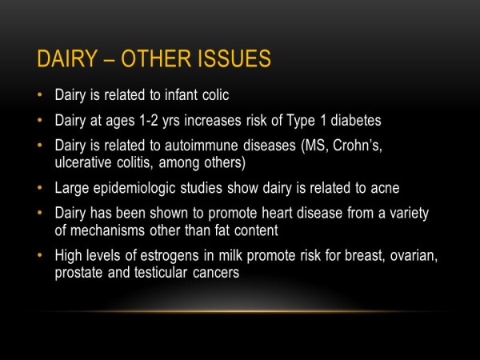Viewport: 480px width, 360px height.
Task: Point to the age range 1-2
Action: [149, 120]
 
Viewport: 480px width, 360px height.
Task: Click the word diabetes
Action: [356, 120]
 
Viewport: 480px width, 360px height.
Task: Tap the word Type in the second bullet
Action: [301, 121]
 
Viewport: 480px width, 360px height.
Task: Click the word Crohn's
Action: [358, 145]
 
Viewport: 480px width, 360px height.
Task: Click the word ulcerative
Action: [82, 162]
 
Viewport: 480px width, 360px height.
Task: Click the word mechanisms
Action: [107, 230]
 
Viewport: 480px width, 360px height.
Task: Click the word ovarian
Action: [414, 255]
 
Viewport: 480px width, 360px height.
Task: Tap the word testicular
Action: [161, 273]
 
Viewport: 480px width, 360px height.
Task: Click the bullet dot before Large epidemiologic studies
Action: [40, 187]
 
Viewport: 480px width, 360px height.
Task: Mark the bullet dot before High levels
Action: [40, 254]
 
